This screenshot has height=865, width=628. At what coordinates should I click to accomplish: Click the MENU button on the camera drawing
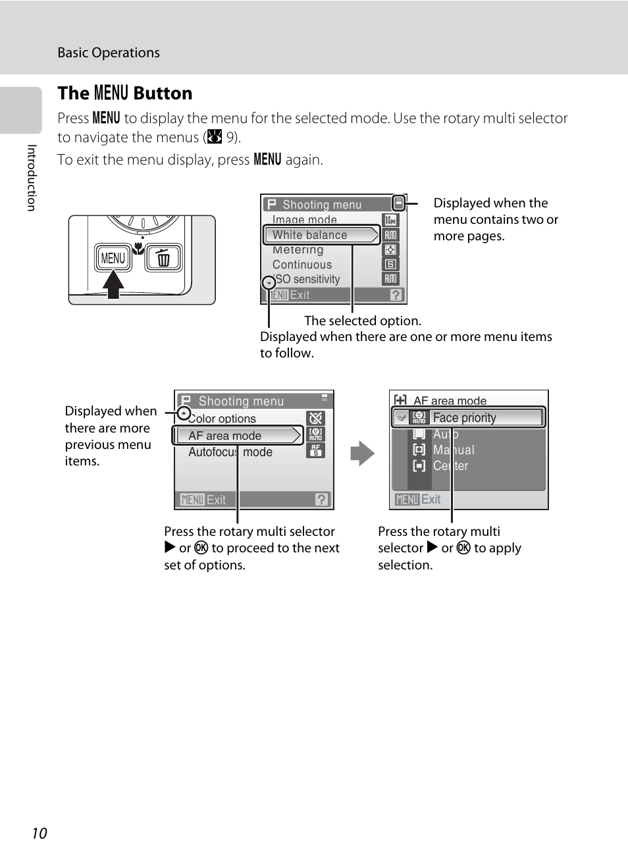tap(113, 258)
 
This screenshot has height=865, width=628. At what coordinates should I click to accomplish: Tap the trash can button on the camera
tap(163, 258)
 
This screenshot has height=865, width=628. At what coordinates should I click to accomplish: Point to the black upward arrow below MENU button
tap(113, 285)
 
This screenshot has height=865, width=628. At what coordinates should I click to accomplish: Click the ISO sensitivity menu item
tap(307, 279)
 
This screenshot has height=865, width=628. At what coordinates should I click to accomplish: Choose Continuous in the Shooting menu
tap(302, 265)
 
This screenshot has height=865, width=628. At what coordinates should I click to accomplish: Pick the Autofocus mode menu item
tap(230, 452)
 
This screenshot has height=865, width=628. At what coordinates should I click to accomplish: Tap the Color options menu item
tap(222, 419)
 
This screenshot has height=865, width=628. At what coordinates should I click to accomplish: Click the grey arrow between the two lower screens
tap(362, 454)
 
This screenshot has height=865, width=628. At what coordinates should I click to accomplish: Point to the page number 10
tap(39, 833)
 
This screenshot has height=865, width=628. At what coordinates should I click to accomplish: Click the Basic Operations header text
tap(109, 53)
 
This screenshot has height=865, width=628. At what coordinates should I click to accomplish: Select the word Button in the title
tap(163, 93)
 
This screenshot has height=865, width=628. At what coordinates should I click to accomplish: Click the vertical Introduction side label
tap(31, 178)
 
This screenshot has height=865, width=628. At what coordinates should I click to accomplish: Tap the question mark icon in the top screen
tap(396, 295)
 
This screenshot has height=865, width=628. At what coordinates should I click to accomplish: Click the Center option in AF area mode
tap(451, 466)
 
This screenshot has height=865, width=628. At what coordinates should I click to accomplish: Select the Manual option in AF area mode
tap(454, 450)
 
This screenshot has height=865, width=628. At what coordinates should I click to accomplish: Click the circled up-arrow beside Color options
tap(184, 413)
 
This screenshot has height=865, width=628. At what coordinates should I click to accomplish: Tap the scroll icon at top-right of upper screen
tap(398, 203)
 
